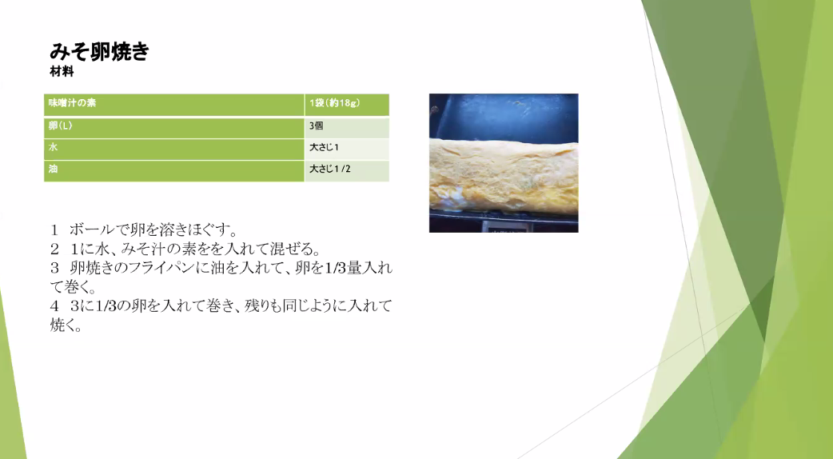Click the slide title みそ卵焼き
click(99, 51)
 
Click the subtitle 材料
click(62, 72)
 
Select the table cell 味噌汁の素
click(173, 105)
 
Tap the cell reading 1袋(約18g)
click(347, 105)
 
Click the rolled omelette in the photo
click(504, 177)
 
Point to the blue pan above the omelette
click(504, 117)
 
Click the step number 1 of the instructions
click(54, 230)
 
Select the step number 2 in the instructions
click(54, 249)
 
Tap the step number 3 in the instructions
click(54, 268)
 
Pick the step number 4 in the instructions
click(54, 306)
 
